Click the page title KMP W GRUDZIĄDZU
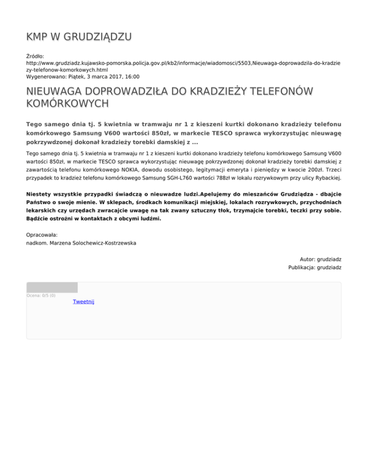[79, 37]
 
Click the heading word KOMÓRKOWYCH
[67, 103]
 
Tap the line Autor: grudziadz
[320, 259]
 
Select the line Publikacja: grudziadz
[315, 267]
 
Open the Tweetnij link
[83, 302]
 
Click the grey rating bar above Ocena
[52, 287]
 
